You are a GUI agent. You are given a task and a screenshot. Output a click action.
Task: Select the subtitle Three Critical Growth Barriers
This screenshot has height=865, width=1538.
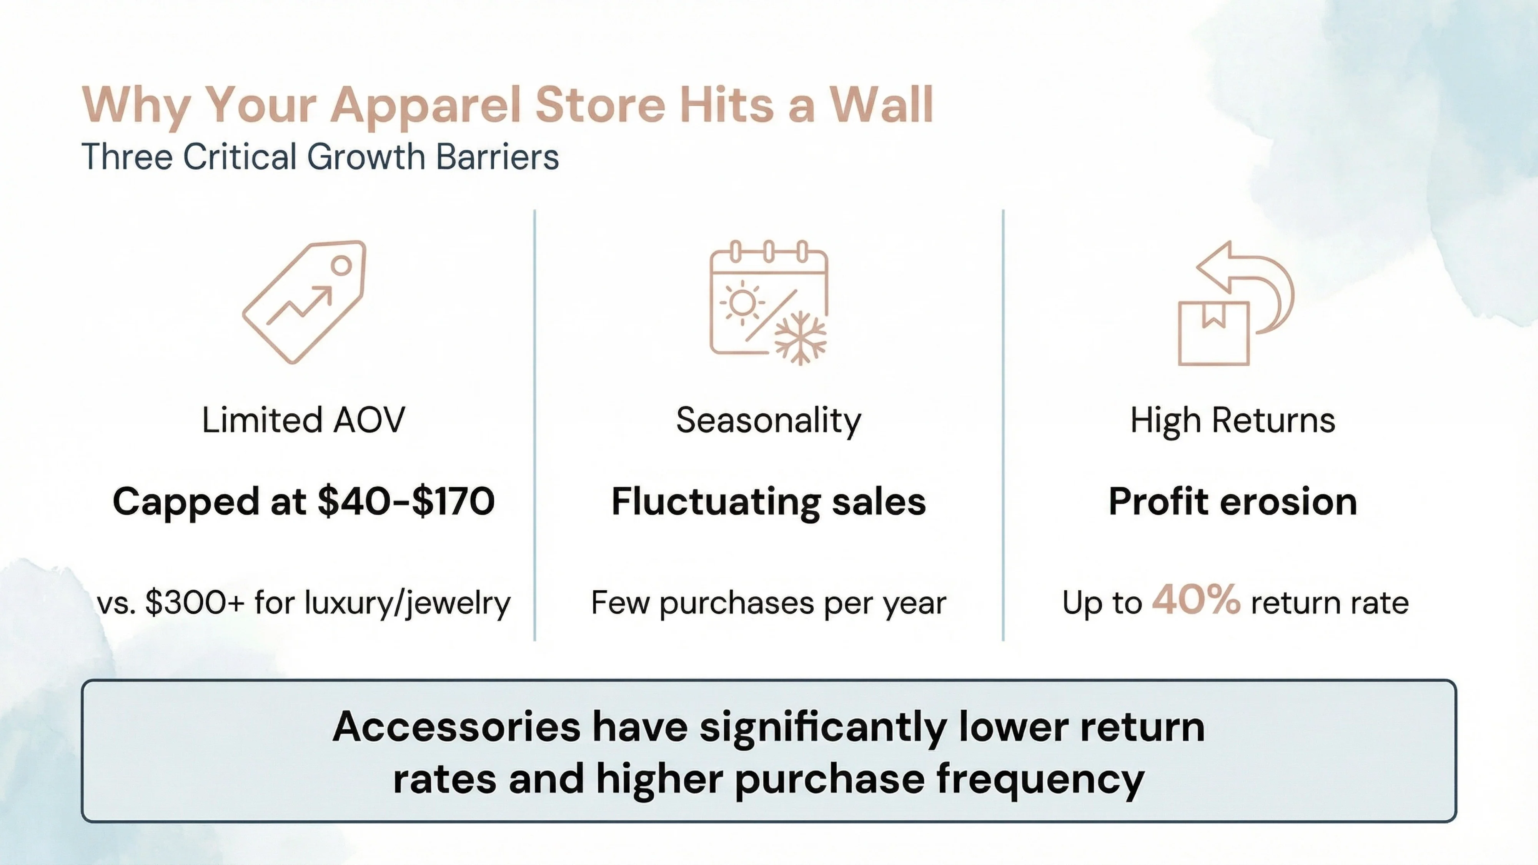[320, 156]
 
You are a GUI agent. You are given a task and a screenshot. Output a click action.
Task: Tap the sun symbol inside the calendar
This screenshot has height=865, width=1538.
[742, 303]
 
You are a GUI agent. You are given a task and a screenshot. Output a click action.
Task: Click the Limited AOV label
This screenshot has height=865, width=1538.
[303, 420]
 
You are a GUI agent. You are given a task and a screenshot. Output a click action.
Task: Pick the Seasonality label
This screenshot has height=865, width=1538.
[768, 420]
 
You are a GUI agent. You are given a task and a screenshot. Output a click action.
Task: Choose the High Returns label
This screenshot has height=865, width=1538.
[1232, 420]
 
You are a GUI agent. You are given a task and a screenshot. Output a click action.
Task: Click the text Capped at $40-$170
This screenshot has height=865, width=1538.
[303, 501]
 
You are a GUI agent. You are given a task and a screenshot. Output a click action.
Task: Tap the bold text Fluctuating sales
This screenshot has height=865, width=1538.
[768, 501]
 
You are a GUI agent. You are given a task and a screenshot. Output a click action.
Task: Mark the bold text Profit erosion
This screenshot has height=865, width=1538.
[1232, 501]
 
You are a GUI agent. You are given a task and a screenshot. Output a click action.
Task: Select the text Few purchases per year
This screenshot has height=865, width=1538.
[768, 603]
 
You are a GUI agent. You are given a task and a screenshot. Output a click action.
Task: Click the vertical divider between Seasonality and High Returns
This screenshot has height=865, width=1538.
[1003, 425]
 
